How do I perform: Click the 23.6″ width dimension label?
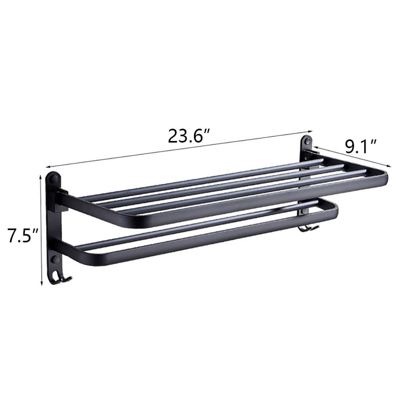pos(188,136)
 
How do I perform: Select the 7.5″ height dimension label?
pos(22,236)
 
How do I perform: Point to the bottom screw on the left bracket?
pos(55,260)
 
